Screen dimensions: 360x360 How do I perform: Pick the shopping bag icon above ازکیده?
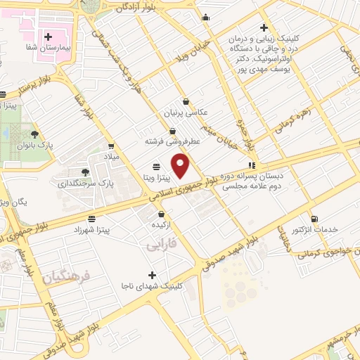162,214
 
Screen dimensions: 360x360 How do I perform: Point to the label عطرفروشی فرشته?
174,141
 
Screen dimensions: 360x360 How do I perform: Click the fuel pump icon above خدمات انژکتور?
314,218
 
